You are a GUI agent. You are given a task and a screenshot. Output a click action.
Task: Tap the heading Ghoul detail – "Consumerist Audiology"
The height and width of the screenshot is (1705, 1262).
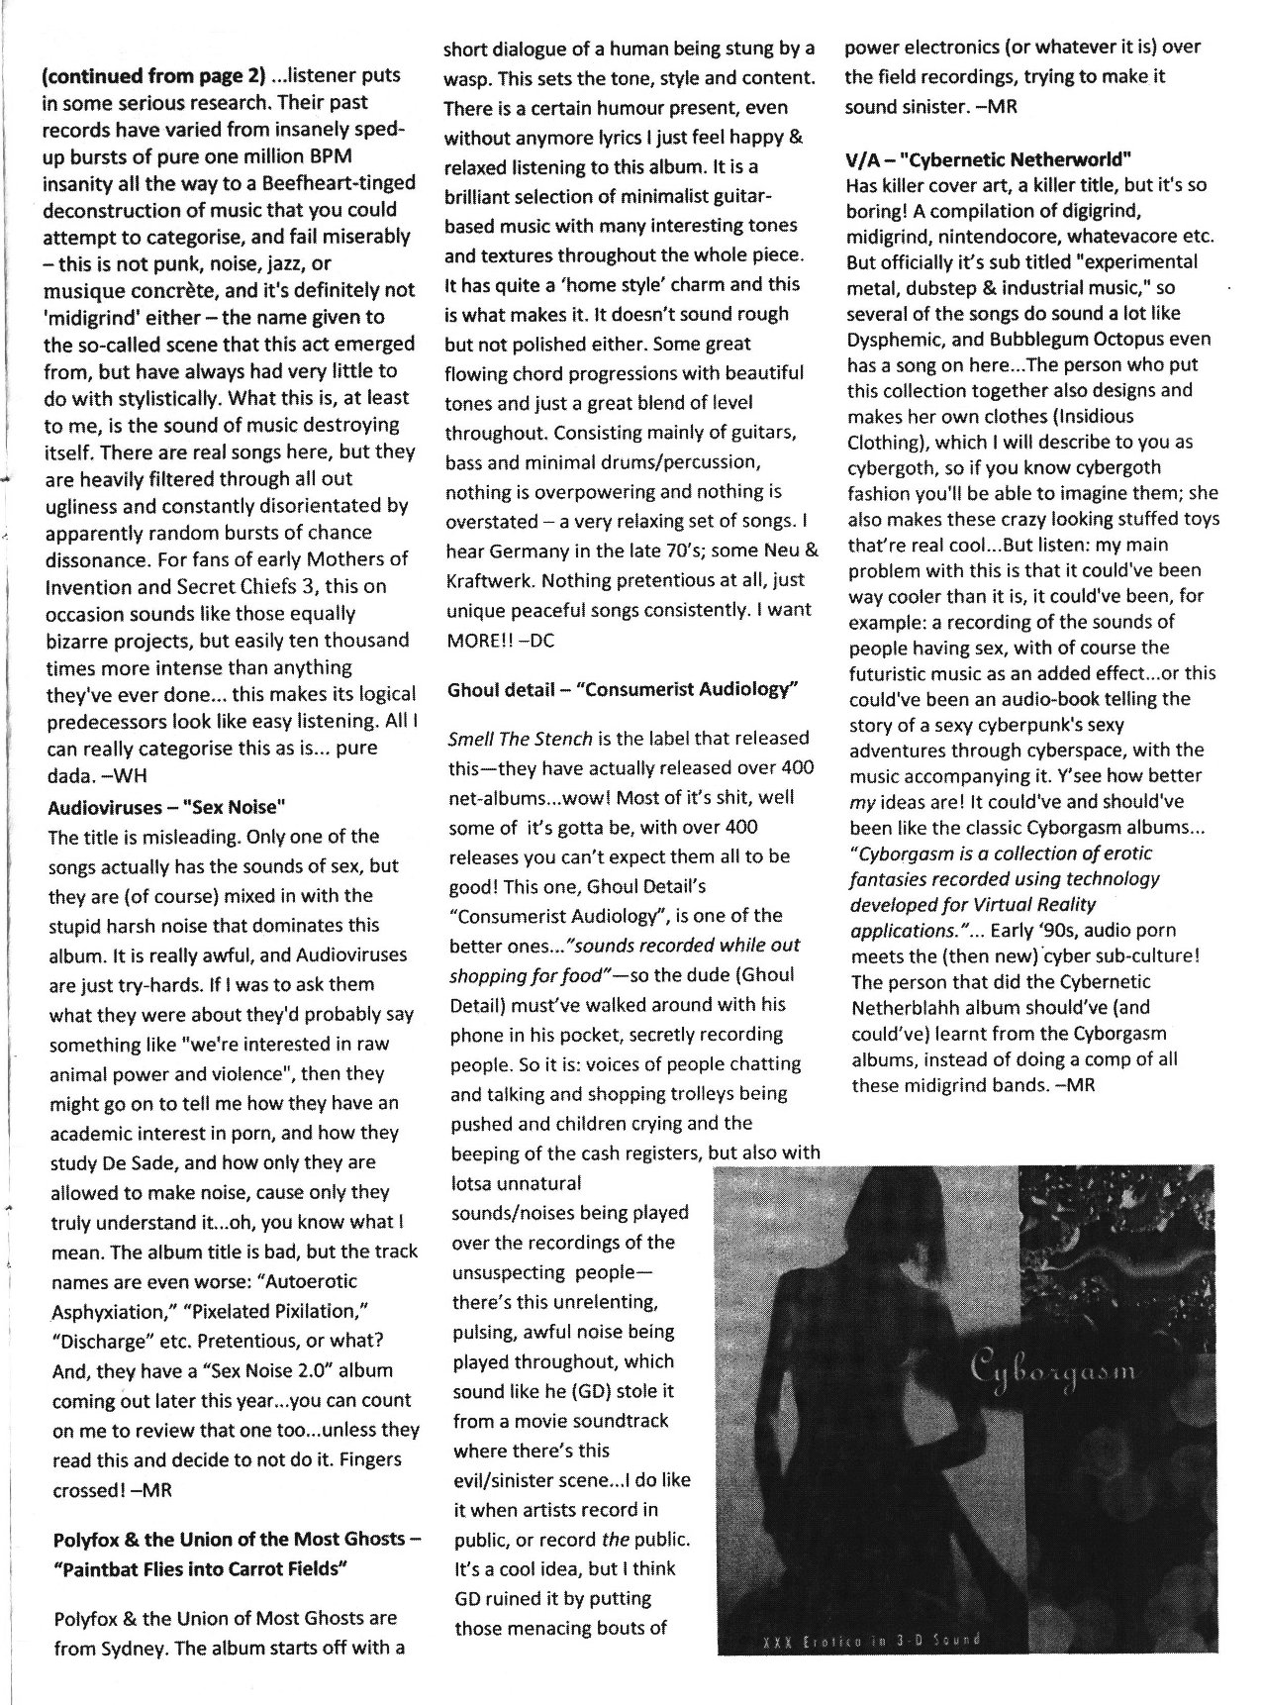coord(623,689)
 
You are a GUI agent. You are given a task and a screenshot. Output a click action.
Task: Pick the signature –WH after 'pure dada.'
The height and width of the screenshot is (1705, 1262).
coord(128,773)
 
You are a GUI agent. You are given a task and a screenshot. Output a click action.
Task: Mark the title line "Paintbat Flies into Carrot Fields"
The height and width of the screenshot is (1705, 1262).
coord(198,1570)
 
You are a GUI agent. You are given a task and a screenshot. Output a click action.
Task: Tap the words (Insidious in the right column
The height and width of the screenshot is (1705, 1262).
coord(1073,416)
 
